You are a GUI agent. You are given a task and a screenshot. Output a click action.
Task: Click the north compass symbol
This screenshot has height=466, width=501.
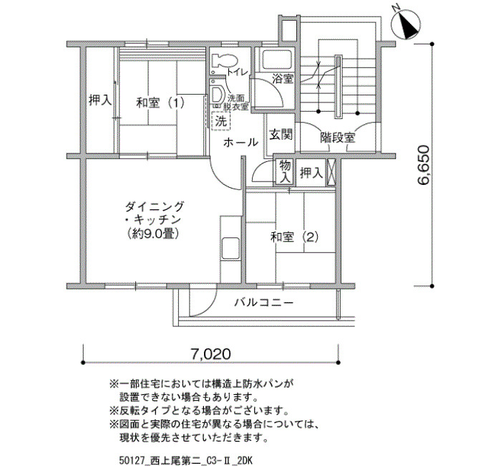pos(406,24)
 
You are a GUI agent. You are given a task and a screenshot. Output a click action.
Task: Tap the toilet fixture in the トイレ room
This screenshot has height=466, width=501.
pos(224,60)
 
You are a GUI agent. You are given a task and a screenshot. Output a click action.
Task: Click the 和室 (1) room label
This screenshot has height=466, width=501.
pos(160,103)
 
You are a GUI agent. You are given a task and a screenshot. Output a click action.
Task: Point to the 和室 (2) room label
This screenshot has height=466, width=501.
pos(295,237)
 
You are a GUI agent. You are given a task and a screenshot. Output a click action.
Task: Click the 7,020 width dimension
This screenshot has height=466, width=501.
pos(210,354)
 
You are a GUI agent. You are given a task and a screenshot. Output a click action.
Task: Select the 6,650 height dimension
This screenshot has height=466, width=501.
pos(424,165)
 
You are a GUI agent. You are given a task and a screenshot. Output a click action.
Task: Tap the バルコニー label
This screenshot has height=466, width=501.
pos(263,303)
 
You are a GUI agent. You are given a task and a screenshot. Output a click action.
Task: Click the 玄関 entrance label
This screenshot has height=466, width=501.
pos(281,135)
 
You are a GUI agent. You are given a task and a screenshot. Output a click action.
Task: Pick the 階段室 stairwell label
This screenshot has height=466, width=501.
pos(338,138)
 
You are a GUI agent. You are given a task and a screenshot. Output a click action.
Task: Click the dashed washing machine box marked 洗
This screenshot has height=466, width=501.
pos(220,120)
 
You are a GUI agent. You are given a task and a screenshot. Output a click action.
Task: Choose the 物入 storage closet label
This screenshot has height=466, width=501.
pos(285,172)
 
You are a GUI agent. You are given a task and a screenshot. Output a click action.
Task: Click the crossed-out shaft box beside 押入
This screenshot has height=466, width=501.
pos(331,172)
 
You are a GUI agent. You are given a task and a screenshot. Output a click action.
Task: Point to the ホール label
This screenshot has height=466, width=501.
pos(240,142)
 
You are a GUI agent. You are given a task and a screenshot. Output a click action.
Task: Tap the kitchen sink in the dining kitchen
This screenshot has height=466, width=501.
pos(230,248)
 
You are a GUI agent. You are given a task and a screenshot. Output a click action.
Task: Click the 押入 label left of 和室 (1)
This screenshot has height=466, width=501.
pos(100,100)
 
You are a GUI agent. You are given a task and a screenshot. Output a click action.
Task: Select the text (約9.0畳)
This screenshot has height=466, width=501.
pos(152,234)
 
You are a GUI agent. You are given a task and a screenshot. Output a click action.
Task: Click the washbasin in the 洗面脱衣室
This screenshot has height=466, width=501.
pos(218,94)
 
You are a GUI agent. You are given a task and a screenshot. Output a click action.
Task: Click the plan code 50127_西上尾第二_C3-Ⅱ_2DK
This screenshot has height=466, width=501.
pos(185,460)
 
